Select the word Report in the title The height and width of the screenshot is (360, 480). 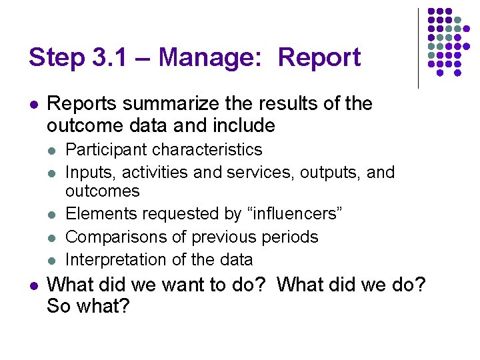coord(319,57)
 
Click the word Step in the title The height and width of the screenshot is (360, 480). coord(56,57)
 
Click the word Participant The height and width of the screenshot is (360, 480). coord(107,150)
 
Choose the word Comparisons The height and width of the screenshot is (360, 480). coord(112,237)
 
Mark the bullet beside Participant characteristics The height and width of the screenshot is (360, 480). coord(53,151)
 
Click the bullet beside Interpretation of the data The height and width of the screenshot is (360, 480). coord(53,260)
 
